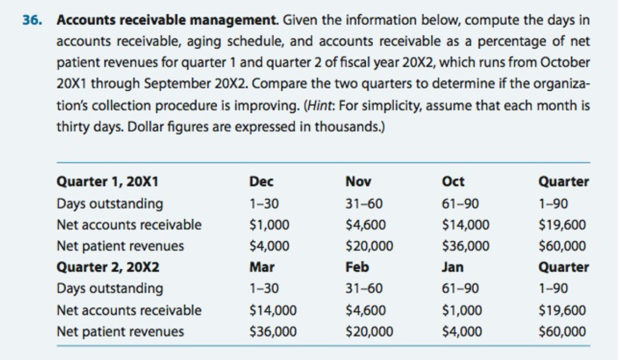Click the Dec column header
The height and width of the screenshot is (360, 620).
coord(261,182)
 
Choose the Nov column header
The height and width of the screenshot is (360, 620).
coord(358,182)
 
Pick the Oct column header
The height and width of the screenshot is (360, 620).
coord(454,182)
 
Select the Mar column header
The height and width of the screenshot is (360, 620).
coord(262,267)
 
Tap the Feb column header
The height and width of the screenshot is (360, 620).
coord(357,267)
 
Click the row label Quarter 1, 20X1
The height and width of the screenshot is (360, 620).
coord(107,182)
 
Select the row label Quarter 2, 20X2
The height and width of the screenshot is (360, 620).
coord(107,267)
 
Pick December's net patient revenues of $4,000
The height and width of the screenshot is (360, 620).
coord(269,246)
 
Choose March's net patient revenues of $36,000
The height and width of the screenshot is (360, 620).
coord(272,332)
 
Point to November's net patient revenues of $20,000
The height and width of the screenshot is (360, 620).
coord(369,246)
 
